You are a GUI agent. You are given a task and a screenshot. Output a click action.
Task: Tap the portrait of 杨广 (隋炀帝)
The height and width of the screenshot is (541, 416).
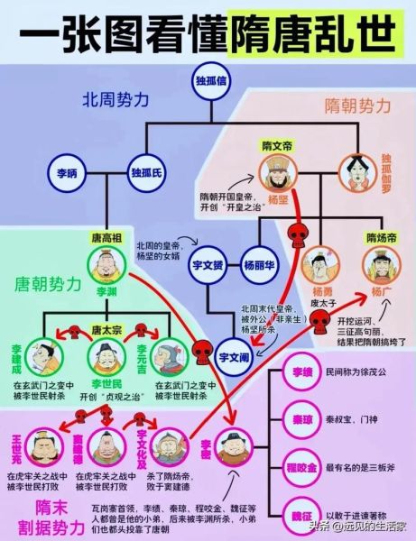point(381,265)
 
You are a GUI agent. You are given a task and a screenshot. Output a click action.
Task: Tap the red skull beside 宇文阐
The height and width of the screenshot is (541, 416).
point(202,350)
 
